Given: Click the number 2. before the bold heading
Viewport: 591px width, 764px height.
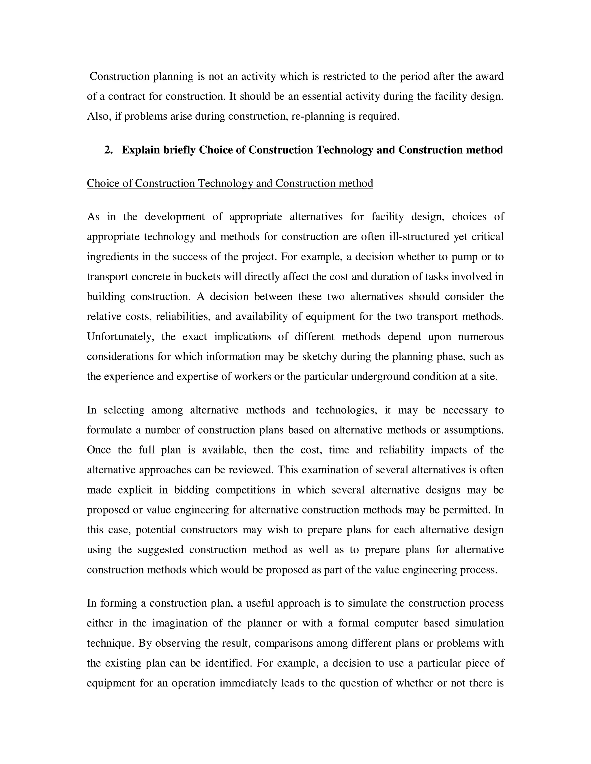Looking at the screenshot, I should pos(109,150).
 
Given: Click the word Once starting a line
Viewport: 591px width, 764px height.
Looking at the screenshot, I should pos(99,450).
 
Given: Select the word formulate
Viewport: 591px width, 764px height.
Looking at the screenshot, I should pos(109,430).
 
